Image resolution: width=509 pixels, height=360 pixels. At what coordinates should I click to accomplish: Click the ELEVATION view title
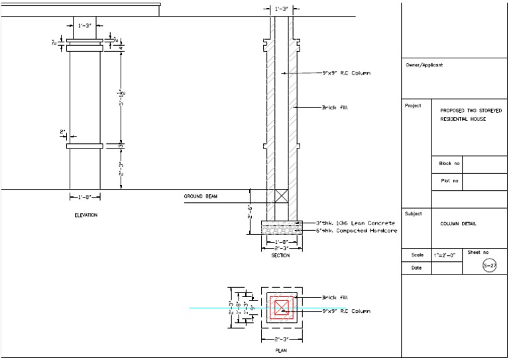point(85,215)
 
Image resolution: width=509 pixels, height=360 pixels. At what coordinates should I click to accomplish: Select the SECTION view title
point(280,255)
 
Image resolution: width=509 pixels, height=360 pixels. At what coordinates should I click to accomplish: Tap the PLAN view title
point(281,350)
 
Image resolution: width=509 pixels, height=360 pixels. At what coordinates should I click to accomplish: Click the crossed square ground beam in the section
point(282,196)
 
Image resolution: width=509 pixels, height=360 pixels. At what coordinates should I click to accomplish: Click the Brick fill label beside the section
point(335,107)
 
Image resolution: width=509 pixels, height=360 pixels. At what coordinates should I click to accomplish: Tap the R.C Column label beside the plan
point(346,310)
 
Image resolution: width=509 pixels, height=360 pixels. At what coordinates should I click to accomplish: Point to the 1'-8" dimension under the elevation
point(85,197)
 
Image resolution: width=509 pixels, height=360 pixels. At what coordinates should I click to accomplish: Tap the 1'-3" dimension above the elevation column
point(85,26)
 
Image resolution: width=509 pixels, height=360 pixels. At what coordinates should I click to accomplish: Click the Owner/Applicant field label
point(424,65)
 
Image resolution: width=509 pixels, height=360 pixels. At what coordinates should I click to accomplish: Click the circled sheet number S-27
point(489,265)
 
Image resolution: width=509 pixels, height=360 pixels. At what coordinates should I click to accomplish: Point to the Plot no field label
point(450,180)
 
